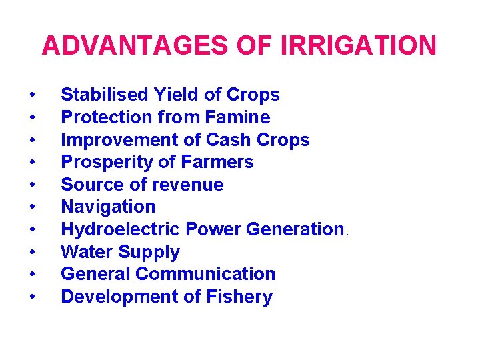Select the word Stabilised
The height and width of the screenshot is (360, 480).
105,95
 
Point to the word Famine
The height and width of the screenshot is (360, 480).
238,117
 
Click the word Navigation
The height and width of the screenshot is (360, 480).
108,207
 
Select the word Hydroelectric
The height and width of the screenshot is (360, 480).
121,229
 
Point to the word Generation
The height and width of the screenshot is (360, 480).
294,229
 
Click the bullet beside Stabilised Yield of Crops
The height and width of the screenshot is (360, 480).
32,95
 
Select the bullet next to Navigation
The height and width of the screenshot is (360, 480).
32,207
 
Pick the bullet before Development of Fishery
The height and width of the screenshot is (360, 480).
32,297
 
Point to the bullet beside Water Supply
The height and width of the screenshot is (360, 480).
32,253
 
